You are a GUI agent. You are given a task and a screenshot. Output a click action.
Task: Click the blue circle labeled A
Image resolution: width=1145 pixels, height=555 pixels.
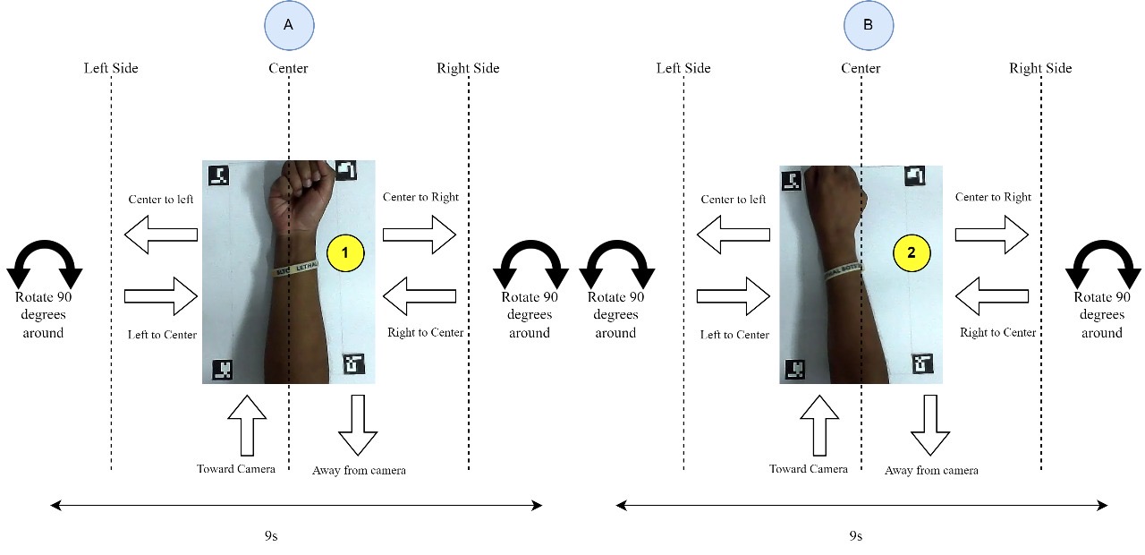[x=288, y=26]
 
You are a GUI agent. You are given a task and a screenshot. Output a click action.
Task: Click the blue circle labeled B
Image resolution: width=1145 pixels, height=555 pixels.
[x=869, y=26]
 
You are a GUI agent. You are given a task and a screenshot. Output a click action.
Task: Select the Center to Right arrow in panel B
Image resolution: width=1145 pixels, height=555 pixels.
[x=992, y=234]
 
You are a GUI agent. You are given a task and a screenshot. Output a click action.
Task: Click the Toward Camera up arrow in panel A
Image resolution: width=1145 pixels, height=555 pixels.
[x=248, y=425]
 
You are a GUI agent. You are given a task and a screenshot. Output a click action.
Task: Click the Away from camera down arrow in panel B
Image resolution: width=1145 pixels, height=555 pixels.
[x=930, y=427]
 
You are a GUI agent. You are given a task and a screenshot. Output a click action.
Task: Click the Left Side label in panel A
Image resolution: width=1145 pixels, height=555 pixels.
[x=111, y=68]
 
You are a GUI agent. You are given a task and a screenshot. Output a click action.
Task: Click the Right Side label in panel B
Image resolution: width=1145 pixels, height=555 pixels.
[x=1040, y=68]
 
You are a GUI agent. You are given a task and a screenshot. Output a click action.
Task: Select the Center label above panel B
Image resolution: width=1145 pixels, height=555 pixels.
[x=861, y=68]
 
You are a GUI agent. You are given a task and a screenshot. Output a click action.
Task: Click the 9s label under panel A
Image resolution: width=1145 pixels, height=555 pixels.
[x=270, y=536]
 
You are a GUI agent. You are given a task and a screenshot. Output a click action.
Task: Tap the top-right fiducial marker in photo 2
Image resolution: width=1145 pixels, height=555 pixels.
[x=913, y=176]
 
